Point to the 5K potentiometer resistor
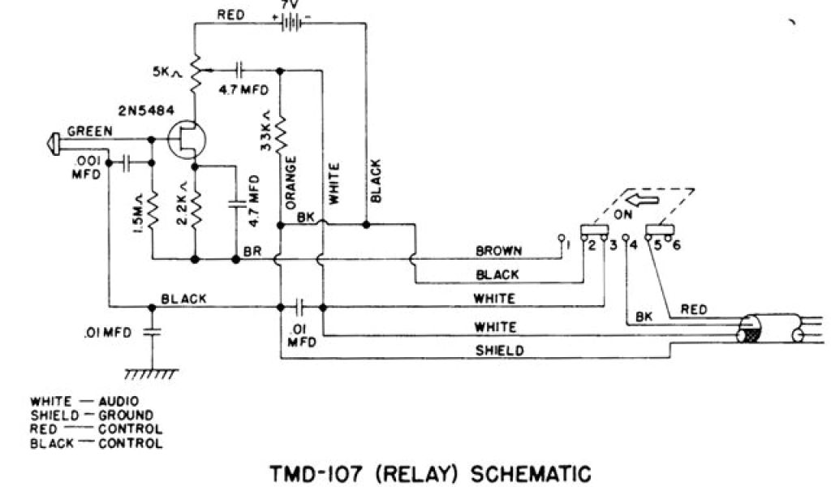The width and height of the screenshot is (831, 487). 195,71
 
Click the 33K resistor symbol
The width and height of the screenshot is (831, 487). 280,136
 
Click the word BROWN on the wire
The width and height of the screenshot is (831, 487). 498,251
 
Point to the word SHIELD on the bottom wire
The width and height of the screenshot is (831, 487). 497,351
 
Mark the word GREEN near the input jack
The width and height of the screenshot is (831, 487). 90,131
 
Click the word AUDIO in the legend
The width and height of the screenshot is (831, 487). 118,401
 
